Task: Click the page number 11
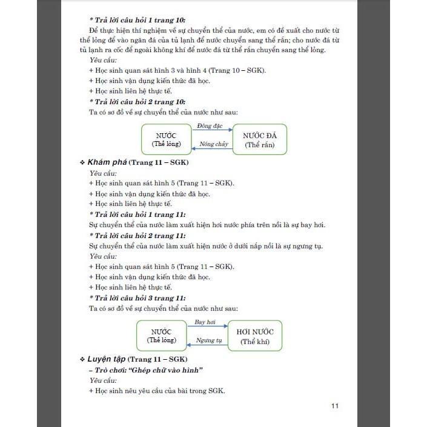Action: coord(334,405)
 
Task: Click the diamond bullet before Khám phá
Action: coord(82,164)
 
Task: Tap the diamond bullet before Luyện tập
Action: coord(82,360)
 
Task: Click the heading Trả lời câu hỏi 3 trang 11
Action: coord(137,298)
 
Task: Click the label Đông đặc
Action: coord(210,125)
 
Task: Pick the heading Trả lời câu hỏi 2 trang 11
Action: coord(137,236)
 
